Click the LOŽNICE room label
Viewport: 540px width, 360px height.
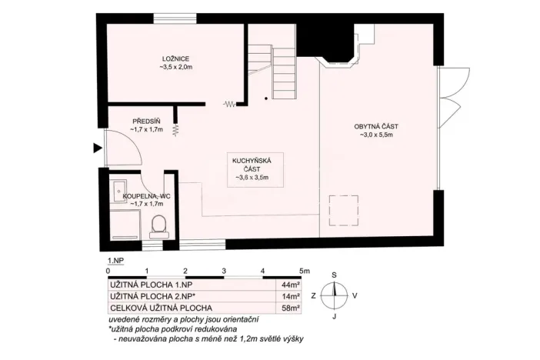point(175,59)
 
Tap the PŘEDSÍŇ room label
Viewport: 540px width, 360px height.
point(146,122)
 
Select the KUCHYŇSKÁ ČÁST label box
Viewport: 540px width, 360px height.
point(255,169)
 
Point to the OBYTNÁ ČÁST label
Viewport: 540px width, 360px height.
point(376,126)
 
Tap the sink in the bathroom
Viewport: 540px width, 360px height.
point(118,192)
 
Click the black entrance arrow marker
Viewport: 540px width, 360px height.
point(98,148)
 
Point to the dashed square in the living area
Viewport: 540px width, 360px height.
point(344,211)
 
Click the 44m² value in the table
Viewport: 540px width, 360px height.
point(290,285)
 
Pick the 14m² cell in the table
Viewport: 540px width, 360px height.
point(290,296)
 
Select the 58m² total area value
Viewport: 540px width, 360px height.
point(290,308)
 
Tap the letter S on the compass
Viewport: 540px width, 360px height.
point(334,275)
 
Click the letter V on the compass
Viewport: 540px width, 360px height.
point(355,295)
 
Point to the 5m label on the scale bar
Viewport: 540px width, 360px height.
point(305,271)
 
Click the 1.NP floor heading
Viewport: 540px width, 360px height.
point(115,261)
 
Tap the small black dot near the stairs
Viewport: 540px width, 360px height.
point(266,98)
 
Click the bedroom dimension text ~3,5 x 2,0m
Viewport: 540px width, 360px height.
point(175,67)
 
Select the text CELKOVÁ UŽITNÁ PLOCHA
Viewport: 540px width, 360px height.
point(162,308)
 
